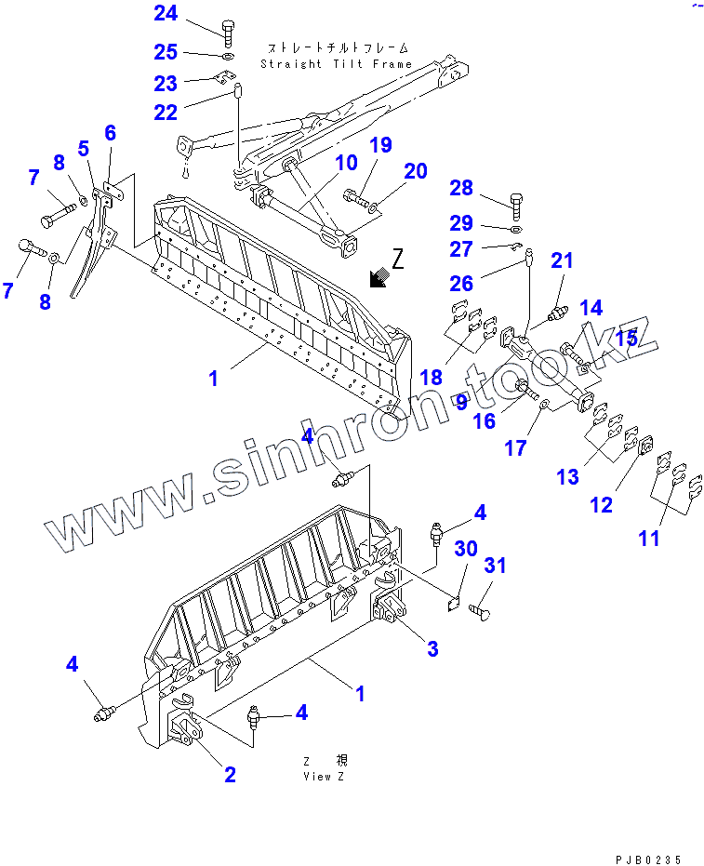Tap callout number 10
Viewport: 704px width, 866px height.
point(346,164)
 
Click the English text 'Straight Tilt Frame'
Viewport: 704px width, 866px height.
point(336,64)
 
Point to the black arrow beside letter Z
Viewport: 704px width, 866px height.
point(379,276)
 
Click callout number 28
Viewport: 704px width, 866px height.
point(461,189)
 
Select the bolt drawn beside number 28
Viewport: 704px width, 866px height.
point(517,201)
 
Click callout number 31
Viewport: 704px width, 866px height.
point(496,566)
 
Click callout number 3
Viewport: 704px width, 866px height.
point(432,648)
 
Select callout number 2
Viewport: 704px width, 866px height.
point(230,774)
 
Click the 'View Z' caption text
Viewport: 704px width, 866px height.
point(323,777)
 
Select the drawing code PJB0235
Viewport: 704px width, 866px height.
point(649,858)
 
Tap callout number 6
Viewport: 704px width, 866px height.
point(111,133)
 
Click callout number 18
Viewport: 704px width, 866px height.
point(431,377)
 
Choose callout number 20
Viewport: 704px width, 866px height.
point(415,170)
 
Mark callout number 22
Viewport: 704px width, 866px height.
point(165,113)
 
